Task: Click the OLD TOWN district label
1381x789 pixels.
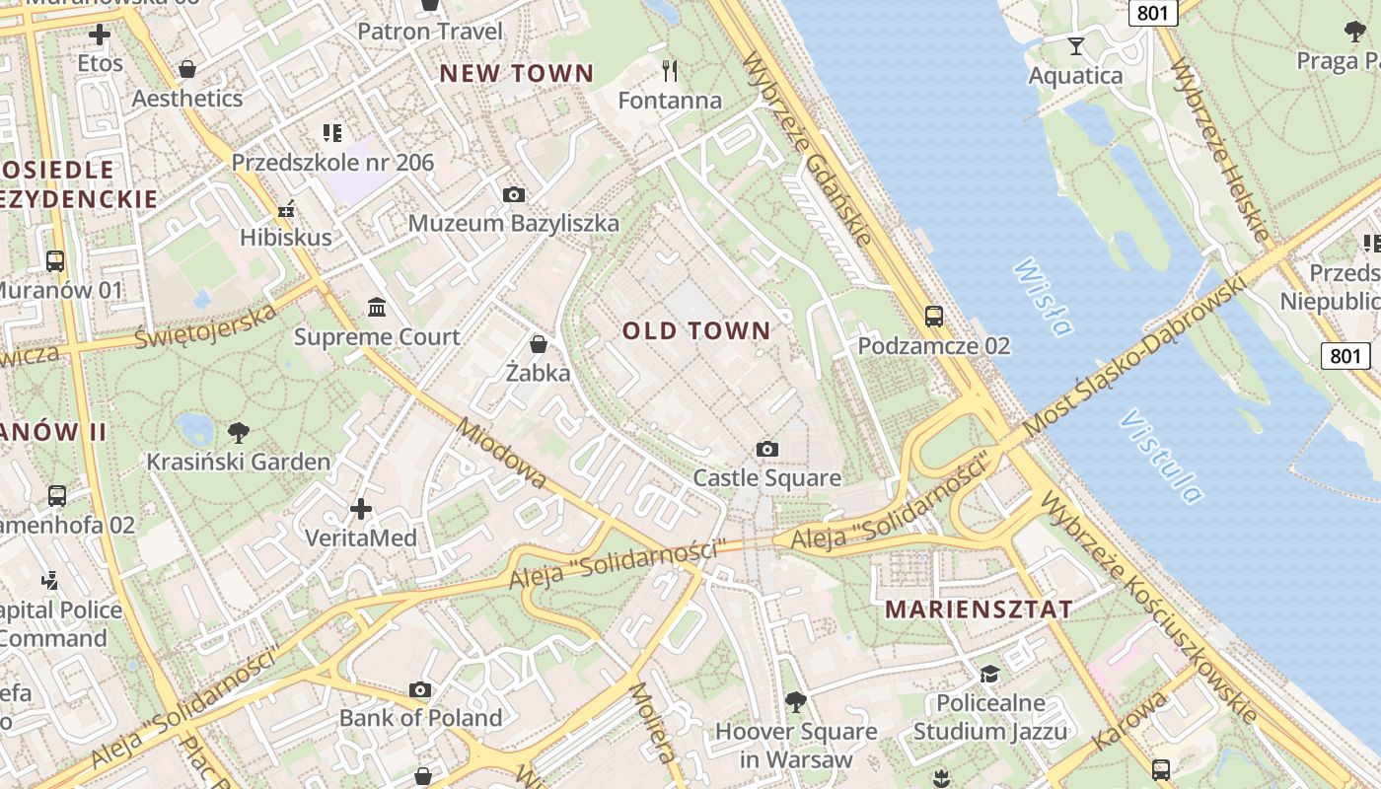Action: coord(695,330)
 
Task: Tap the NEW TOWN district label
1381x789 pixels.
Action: coord(517,73)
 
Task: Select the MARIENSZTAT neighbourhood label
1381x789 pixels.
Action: coord(979,609)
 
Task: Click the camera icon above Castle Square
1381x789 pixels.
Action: coord(766,450)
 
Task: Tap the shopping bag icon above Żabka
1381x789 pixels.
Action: coord(539,344)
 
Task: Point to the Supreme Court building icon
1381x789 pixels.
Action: coord(377,308)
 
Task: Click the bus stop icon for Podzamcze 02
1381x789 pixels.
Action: coord(933,317)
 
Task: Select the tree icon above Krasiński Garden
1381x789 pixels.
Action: coord(238,432)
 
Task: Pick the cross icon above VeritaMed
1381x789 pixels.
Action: coord(361,509)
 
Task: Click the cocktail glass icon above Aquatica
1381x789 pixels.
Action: coord(1075,45)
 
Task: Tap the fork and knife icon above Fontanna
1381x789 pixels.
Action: coord(670,70)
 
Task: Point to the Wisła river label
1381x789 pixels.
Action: coord(1043,297)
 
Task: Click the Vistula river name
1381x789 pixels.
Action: coord(1161,456)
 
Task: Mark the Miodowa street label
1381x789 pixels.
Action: coord(501,455)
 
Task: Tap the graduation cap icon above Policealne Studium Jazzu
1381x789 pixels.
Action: coord(988,674)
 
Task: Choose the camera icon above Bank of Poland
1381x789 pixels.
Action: coord(420,689)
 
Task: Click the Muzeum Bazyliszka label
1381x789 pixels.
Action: coord(514,224)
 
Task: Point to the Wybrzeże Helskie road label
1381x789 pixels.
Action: coord(1219,149)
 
